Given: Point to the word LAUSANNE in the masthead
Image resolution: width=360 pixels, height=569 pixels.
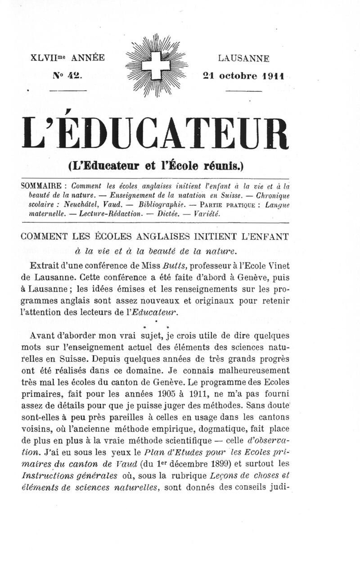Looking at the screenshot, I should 244,59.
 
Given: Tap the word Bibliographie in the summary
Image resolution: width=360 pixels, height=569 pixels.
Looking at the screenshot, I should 160,204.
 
